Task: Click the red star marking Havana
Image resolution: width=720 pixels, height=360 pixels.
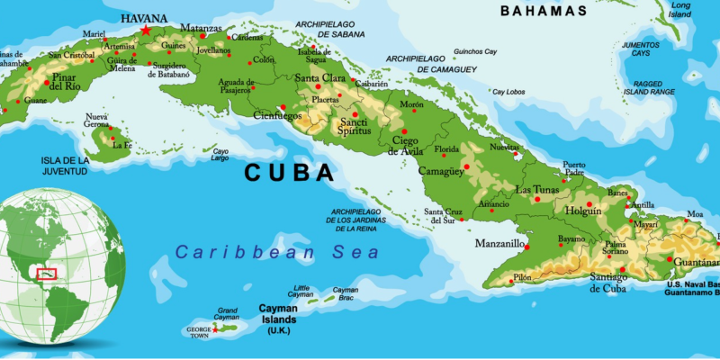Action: point(146,30)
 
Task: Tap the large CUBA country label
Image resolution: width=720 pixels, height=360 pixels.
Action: point(289,173)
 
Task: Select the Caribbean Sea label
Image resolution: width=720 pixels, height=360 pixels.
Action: point(277,253)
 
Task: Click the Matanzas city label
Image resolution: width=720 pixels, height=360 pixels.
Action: point(201,28)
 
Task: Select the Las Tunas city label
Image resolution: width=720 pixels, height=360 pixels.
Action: point(537,190)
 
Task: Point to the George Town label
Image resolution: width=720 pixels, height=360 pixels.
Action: point(199,331)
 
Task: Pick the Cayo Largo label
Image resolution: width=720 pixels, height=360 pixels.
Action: point(220,155)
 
